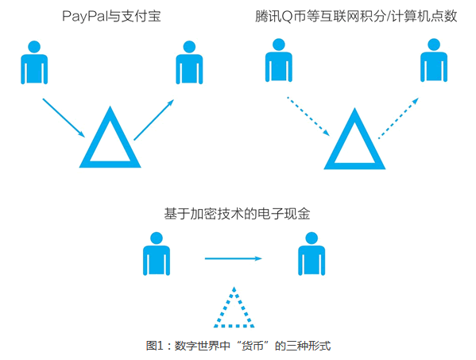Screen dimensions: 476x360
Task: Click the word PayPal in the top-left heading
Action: tap(85, 17)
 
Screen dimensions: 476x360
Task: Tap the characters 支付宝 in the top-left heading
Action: tap(141, 16)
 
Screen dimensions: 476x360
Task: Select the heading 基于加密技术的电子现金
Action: tap(237, 214)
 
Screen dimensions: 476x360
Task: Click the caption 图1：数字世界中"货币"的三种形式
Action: tap(238, 346)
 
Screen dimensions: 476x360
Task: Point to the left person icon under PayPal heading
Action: tap(34, 63)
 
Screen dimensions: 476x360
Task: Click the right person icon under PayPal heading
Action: tap(189, 63)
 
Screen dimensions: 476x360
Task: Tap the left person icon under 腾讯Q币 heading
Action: tap(279, 60)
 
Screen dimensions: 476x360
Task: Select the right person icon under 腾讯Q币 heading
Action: tap(434, 60)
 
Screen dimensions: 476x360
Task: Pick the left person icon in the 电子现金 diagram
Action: tap(157, 254)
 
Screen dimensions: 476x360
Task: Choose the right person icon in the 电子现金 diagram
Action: tap(312, 254)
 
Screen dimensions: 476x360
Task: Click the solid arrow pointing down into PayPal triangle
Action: tap(64, 118)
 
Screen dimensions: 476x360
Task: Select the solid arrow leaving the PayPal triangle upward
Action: tap(154, 119)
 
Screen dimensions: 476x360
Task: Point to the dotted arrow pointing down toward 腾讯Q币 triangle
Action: tap(308, 116)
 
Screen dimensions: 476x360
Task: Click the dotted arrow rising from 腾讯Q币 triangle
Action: tap(399, 118)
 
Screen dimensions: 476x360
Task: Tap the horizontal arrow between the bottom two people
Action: tap(234, 258)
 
